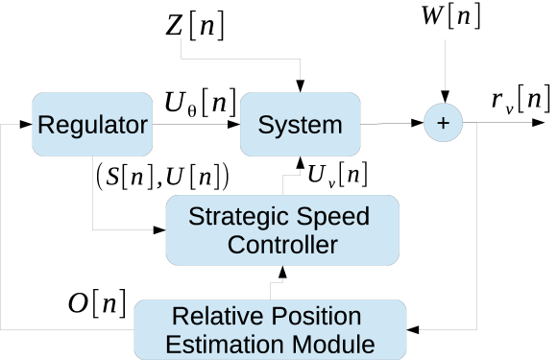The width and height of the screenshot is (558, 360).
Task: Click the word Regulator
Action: (x=92, y=125)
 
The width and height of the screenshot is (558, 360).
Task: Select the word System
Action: (x=300, y=125)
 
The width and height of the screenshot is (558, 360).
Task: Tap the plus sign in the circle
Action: (x=443, y=123)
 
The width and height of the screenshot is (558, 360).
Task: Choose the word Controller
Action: (x=281, y=245)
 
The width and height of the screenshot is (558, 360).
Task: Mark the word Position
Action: (x=314, y=316)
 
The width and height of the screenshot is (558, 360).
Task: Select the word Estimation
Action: (x=223, y=344)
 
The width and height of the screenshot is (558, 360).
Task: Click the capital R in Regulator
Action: (x=44, y=125)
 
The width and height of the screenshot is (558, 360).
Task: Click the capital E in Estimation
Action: (x=172, y=344)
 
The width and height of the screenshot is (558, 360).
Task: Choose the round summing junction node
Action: (x=443, y=123)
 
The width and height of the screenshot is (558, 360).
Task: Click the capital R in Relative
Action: (x=179, y=316)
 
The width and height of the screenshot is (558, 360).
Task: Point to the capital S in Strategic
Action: (x=195, y=216)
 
